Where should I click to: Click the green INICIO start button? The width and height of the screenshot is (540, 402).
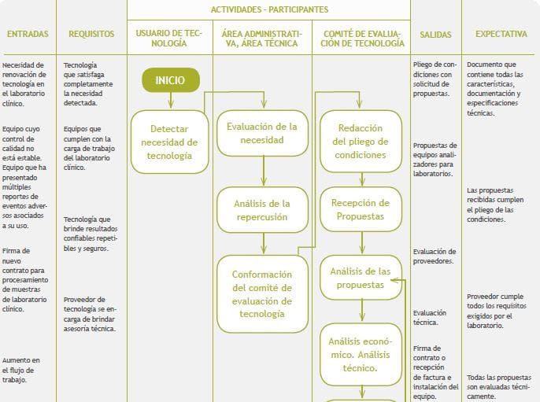point(170,80)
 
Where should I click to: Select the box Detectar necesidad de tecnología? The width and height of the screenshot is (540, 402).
point(169,142)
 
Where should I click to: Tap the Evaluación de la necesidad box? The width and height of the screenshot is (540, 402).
point(261,133)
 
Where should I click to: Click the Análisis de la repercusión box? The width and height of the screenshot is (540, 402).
point(261,210)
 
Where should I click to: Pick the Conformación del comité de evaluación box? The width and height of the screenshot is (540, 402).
point(262,293)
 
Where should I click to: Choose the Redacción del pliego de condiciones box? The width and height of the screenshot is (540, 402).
point(361,142)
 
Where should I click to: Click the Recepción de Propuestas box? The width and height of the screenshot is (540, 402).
point(361,209)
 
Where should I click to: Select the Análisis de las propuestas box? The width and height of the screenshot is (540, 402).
point(361,278)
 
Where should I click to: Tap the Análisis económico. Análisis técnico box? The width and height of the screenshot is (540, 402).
point(361,353)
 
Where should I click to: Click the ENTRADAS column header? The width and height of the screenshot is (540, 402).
point(28,35)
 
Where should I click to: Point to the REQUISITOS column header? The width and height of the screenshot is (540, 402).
point(91,35)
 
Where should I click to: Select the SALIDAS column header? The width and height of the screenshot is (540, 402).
point(435,35)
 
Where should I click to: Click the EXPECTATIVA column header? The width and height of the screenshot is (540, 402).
point(501,35)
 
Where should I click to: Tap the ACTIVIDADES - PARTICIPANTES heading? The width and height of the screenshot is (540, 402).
point(269,9)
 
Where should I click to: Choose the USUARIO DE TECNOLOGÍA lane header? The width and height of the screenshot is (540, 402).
point(169,39)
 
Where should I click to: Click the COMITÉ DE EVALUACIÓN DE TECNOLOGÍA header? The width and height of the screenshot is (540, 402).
point(361,39)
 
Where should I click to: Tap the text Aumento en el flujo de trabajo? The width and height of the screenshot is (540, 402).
point(21,370)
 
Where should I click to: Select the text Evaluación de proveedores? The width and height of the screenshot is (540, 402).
point(435,256)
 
